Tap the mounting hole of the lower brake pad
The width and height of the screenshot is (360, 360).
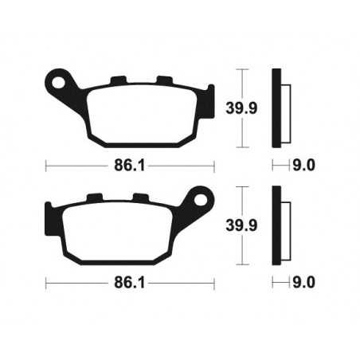coord(201,197)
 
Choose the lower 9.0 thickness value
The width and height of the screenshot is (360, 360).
coord(306,282)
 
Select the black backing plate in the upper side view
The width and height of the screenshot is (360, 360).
coord(276,109)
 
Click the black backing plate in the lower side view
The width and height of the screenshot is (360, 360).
coord(276,226)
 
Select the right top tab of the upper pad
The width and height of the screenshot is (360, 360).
coord(165,80)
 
